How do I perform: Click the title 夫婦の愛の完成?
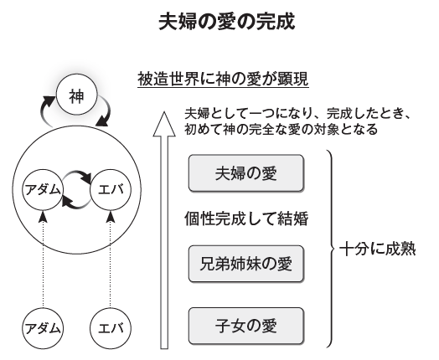[227, 22]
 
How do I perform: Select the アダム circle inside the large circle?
[43, 190]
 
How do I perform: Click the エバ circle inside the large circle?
[111, 190]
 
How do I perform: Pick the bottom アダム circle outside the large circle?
[43, 328]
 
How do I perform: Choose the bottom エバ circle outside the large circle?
[111, 328]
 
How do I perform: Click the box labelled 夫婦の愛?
[246, 173]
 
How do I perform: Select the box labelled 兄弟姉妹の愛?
[246, 264]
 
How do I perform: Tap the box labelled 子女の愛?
[246, 326]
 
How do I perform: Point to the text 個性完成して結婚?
[246, 219]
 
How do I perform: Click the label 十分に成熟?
[377, 249]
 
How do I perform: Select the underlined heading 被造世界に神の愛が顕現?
[223, 80]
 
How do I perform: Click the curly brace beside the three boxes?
[331, 249]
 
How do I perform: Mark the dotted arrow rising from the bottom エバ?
[111, 260]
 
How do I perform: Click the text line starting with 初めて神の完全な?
[281, 130]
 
